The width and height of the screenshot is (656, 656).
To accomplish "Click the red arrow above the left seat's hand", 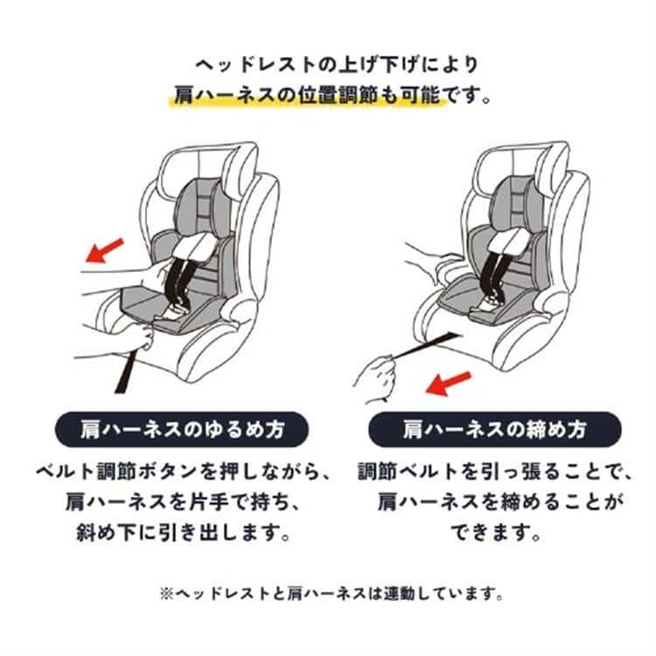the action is pos(105,251).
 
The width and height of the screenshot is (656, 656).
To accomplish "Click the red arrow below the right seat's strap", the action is pos(448,383).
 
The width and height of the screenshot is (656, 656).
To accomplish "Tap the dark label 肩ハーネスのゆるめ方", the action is pos(182,429).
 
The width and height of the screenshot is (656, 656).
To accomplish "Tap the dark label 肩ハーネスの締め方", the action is pos(494,429).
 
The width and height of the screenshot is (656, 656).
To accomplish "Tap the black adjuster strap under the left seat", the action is pos(126,371).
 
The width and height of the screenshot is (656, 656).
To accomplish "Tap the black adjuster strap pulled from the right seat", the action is pos(424,345).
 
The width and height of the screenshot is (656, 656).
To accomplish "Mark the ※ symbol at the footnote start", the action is pos(166,594).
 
